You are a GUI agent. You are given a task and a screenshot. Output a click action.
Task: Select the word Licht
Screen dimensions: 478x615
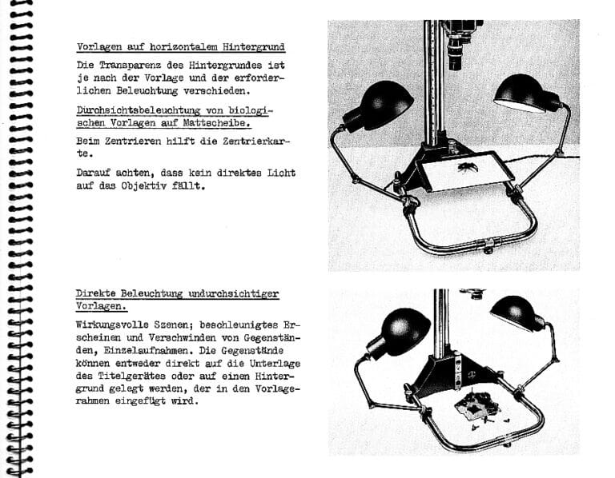pos(278,173)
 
